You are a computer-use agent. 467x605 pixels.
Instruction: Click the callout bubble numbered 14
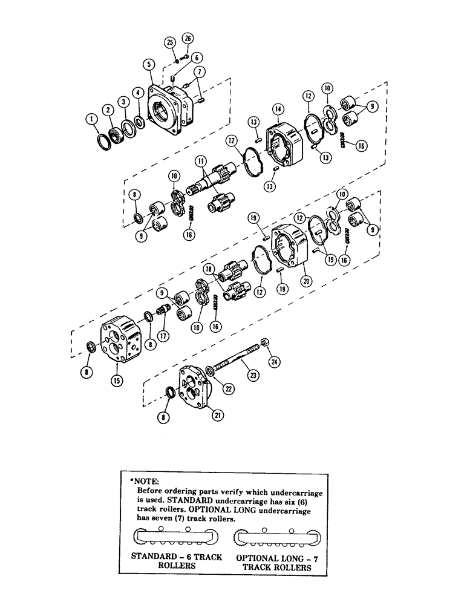278,110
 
